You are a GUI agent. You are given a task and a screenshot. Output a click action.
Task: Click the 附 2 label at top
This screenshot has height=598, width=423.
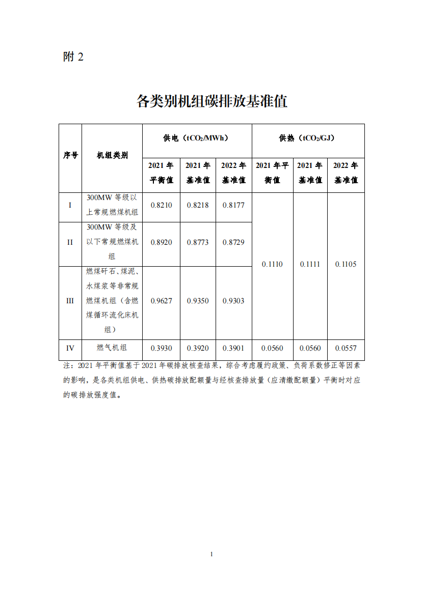click(x=73, y=57)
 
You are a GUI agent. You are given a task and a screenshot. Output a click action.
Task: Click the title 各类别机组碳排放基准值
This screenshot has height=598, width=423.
click(x=211, y=101)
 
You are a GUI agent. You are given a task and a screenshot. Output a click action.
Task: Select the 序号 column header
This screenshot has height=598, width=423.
click(x=70, y=155)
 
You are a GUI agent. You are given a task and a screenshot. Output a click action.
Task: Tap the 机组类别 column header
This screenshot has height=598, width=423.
click(x=112, y=155)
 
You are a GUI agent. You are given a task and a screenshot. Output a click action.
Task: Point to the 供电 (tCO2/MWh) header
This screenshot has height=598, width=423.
click(x=197, y=138)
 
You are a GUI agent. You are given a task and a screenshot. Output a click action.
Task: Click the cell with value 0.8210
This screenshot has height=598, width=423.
click(x=161, y=205)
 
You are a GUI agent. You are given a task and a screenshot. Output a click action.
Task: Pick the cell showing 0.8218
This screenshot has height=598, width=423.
click(x=197, y=205)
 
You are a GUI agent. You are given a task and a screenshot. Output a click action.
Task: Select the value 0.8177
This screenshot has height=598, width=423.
click(x=233, y=205)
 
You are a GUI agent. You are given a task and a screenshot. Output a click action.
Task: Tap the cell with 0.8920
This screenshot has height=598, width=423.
click(x=161, y=242)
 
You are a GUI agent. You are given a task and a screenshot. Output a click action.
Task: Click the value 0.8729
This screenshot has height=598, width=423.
click(x=233, y=242)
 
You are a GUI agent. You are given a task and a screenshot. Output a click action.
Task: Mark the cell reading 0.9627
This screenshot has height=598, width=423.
click(x=161, y=301)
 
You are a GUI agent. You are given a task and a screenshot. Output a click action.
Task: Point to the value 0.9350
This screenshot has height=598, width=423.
click(x=197, y=301)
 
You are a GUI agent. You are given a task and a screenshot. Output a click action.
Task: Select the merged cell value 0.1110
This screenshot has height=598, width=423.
click(x=272, y=264)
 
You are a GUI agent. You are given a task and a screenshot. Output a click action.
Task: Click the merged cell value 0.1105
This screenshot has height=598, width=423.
click(x=346, y=264)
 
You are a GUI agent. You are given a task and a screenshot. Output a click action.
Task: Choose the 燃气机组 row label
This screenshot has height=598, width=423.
click(x=112, y=348)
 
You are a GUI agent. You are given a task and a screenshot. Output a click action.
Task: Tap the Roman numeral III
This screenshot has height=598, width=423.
click(x=70, y=301)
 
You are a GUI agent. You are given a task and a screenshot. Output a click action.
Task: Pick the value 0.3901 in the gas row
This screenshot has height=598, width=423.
click(x=233, y=349)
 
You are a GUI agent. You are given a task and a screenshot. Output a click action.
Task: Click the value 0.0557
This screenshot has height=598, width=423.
click(x=346, y=349)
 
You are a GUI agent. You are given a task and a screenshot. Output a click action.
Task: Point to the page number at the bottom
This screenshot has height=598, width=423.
click(x=211, y=554)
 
